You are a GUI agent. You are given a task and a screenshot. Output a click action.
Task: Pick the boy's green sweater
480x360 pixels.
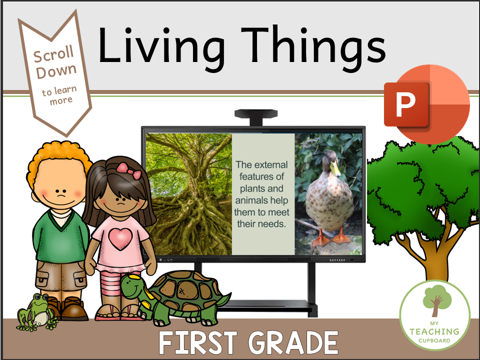click(x=60, y=235)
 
